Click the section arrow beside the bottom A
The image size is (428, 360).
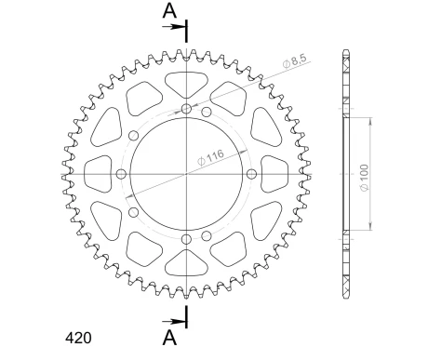(x=176, y=317)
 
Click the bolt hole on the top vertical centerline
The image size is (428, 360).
(x=187, y=110)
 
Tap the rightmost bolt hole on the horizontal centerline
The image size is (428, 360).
(x=253, y=175)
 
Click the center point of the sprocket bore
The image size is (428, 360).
(x=187, y=175)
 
